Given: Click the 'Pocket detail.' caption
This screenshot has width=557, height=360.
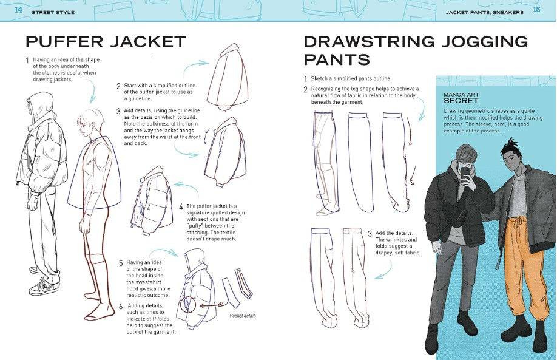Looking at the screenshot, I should (x=243, y=316).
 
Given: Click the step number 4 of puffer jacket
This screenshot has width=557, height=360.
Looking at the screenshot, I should (x=181, y=206).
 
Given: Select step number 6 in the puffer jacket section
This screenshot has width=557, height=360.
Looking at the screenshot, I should (x=121, y=306).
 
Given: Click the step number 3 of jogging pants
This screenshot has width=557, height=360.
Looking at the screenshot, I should (x=370, y=234).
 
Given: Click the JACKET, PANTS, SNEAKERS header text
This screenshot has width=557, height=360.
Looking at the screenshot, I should (x=484, y=12).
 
